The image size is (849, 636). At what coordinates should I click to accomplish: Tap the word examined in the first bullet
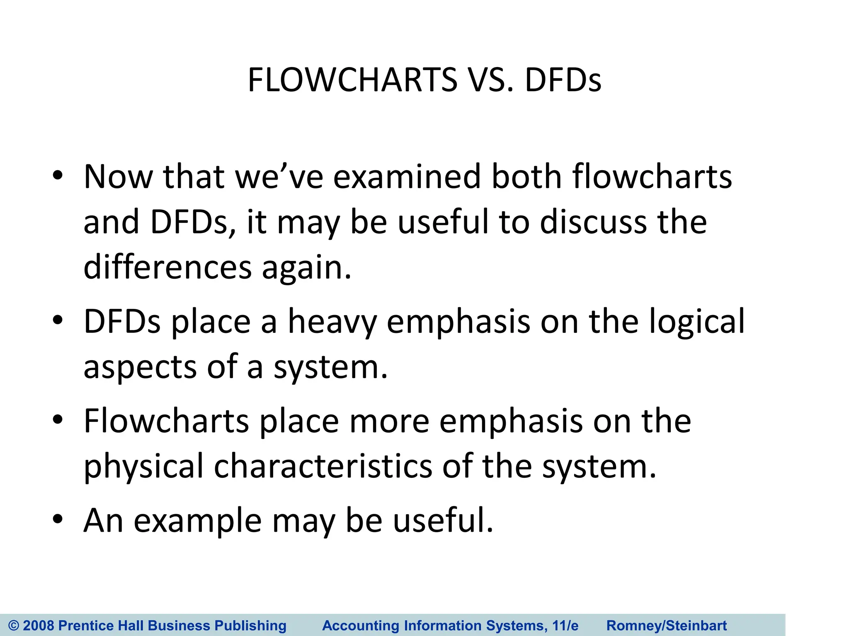[x=407, y=177]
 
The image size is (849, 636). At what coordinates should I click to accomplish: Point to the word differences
[x=167, y=267]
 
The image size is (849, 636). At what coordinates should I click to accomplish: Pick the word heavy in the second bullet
[x=332, y=322]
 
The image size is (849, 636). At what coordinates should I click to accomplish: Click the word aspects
[x=140, y=367]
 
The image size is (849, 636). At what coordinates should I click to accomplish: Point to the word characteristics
[x=323, y=467]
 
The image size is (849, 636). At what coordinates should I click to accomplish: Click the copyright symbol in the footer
[x=14, y=625]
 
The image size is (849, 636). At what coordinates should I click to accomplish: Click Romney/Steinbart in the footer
[x=667, y=625]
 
